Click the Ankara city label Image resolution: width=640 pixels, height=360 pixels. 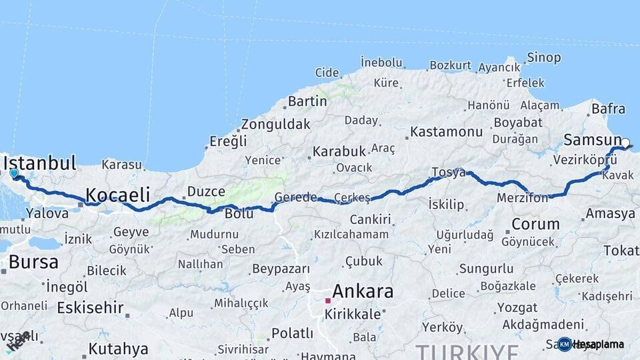[362, 291]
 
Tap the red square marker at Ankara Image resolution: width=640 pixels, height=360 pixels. [327, 301]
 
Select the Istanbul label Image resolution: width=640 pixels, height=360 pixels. [40, 163]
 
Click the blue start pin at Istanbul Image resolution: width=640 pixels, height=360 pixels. [14, 173]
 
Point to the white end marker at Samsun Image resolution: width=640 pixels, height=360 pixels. [625, 142]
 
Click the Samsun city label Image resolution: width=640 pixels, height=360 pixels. [592, 140]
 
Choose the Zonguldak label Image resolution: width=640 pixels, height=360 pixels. [275, 124]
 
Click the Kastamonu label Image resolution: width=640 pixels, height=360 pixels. [446, 132]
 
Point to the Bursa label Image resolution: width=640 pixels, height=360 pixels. [33, 262]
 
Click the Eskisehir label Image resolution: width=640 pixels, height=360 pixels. [90, 307]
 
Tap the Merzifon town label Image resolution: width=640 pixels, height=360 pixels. [522, 198]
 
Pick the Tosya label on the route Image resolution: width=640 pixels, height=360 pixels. [448, 172]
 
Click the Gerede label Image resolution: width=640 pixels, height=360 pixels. [296, 197]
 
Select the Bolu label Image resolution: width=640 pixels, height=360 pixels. [239, 214]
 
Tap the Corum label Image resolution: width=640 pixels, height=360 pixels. [535, 223]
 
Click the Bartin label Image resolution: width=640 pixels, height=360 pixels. [307, 101]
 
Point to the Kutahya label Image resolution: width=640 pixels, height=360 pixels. [118, 349]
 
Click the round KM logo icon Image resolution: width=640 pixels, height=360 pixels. [565, 344]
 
